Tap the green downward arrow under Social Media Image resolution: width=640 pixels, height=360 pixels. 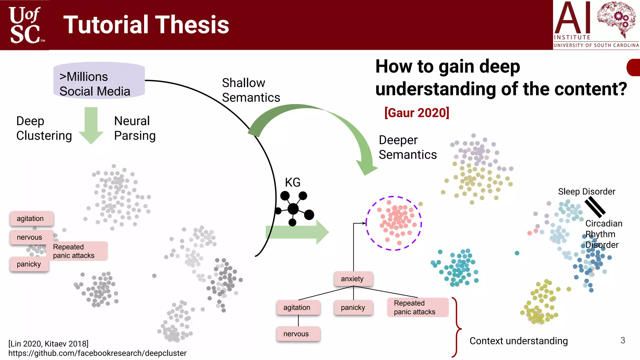[91, 125]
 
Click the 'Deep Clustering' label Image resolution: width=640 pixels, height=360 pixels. [44, 128]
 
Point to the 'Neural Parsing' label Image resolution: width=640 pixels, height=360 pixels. [134, 128]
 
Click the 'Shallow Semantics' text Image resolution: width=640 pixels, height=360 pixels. [251, 90]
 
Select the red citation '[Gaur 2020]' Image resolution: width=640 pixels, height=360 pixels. [417, 112]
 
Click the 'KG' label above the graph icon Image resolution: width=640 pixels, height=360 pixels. [292, 182]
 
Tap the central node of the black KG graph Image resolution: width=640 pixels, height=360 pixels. [293, 208]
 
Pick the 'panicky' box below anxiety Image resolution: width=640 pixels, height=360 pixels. [353, 307]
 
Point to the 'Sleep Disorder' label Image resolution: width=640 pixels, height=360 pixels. [586, 191]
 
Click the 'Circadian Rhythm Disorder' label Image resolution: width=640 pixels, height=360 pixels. [603, 234]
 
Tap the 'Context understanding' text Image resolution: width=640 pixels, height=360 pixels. [518, 341]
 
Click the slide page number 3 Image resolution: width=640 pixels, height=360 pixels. [622, 340]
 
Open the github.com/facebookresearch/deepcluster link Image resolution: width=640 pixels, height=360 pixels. [97, 353]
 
